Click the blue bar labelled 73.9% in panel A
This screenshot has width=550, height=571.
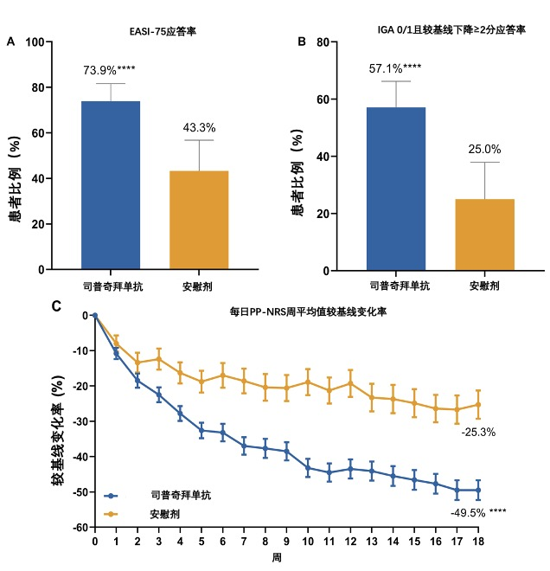click(110, 185)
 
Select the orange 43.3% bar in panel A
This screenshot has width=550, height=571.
click(198, 220)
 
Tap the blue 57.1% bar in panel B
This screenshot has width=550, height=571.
click(396, 189)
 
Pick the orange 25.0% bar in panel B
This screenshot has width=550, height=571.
click(484, 234)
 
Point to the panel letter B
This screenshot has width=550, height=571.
click(302, 42)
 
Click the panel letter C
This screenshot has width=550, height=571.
click(57, 305)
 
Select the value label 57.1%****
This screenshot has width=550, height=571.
click(393, 67)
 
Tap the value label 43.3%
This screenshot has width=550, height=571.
click(199, 128)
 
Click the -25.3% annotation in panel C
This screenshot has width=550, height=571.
click(477, 432)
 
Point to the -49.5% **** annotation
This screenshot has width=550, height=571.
click(477, 512)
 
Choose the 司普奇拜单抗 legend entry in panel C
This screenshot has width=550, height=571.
click(180, 496)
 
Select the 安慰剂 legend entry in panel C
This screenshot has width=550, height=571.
click(164, 514)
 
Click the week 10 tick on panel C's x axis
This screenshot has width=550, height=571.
click(308, 542)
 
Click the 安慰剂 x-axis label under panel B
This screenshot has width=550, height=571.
click(484, 285)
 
